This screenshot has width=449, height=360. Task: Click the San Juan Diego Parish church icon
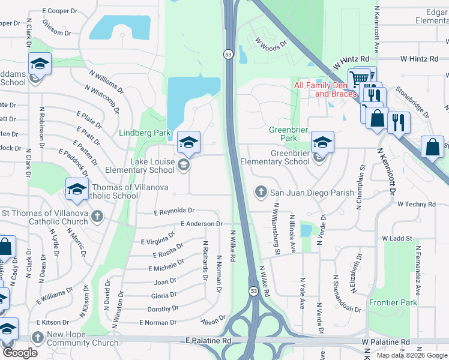[261, 192]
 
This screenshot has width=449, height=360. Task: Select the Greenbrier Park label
[283, 134]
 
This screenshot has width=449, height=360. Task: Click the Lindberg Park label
[145, 133]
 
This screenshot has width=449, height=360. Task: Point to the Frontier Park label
[393, 303]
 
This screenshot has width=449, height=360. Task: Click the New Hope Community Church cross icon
[38, 337]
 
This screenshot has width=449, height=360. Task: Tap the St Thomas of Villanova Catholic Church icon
[97, 216]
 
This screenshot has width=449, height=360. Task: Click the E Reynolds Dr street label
[174, 211]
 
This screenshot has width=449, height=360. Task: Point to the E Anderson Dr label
[202, 224]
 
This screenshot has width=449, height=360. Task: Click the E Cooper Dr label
[60, 11]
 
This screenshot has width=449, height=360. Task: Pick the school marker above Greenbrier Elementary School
[322, 142]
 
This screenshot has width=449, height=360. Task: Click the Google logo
[19, 353]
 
